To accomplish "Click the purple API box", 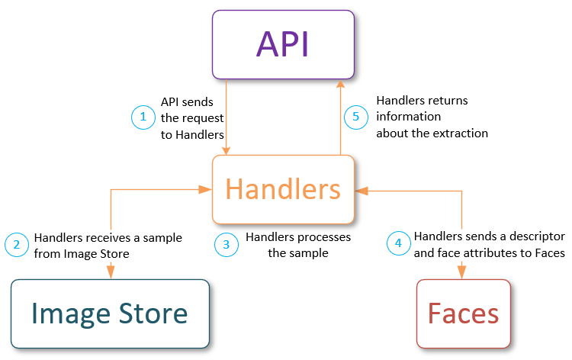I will pos(283,44).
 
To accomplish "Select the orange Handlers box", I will pos(283,189).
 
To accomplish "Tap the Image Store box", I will pos(110,313).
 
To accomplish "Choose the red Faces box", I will pos(464,313).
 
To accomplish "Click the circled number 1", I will pos(142,117).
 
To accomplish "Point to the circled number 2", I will pos(15,245).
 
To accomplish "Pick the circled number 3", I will pos(226,245).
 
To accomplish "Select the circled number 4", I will pos(397,245).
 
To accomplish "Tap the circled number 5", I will pos(354,117).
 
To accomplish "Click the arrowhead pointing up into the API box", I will pos(340,84).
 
